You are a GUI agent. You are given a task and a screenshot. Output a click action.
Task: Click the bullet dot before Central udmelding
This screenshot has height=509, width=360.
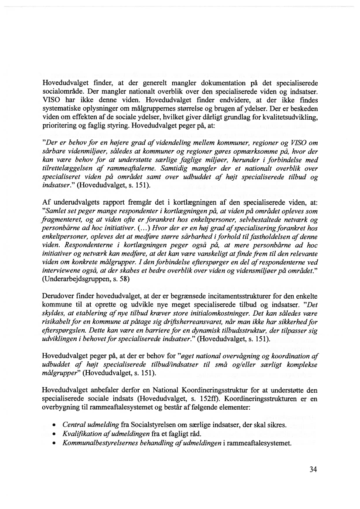(x=53, y=425)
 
